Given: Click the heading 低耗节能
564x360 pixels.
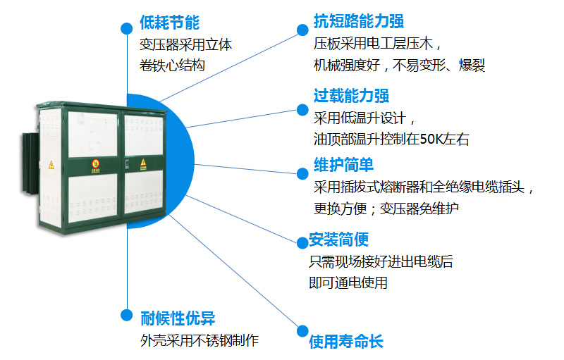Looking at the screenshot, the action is point(169,23).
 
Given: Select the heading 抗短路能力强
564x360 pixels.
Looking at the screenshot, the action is point(359,21).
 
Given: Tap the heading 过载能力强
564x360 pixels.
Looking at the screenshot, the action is point(351,96).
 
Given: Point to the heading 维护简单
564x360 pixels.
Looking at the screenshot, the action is point(343,165).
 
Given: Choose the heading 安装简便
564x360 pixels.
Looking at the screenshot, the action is point(339,240).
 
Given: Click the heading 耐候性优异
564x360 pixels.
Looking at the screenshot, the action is point(178,318).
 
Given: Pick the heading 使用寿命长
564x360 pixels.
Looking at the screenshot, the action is point(346,341).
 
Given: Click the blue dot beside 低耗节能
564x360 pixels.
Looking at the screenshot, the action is point(127,28).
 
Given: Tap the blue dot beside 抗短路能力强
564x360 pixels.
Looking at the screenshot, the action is point(302,30).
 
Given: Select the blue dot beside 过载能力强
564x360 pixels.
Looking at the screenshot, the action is point(302,110).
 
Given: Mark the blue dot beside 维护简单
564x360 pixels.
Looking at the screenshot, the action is point(302,174).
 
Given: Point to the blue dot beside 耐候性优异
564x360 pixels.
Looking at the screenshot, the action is point(127,315).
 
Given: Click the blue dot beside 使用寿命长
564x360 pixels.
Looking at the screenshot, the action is point(302,331).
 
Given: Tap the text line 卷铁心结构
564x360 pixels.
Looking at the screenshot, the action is point(172,66).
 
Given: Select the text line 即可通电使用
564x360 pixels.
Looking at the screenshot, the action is point(348,283).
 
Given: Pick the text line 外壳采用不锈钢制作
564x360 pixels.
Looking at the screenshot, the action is point(200,340).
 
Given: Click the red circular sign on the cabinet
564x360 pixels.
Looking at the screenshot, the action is point(95,164).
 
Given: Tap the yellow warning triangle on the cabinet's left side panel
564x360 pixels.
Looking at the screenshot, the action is point(51,165).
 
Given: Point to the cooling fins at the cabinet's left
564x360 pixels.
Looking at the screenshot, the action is point(30,163).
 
